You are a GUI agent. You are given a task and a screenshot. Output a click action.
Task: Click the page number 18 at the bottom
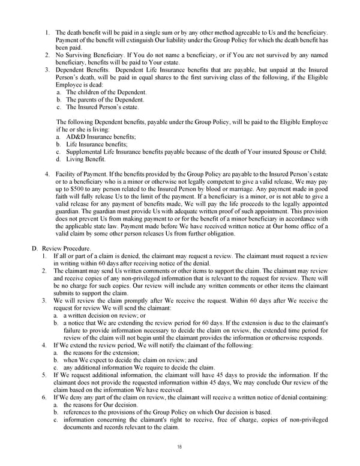179,447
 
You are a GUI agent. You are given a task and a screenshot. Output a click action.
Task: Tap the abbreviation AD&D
76,136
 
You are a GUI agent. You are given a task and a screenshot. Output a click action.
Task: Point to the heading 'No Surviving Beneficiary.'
88,55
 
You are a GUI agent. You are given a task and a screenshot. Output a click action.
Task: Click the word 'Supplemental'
85,151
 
